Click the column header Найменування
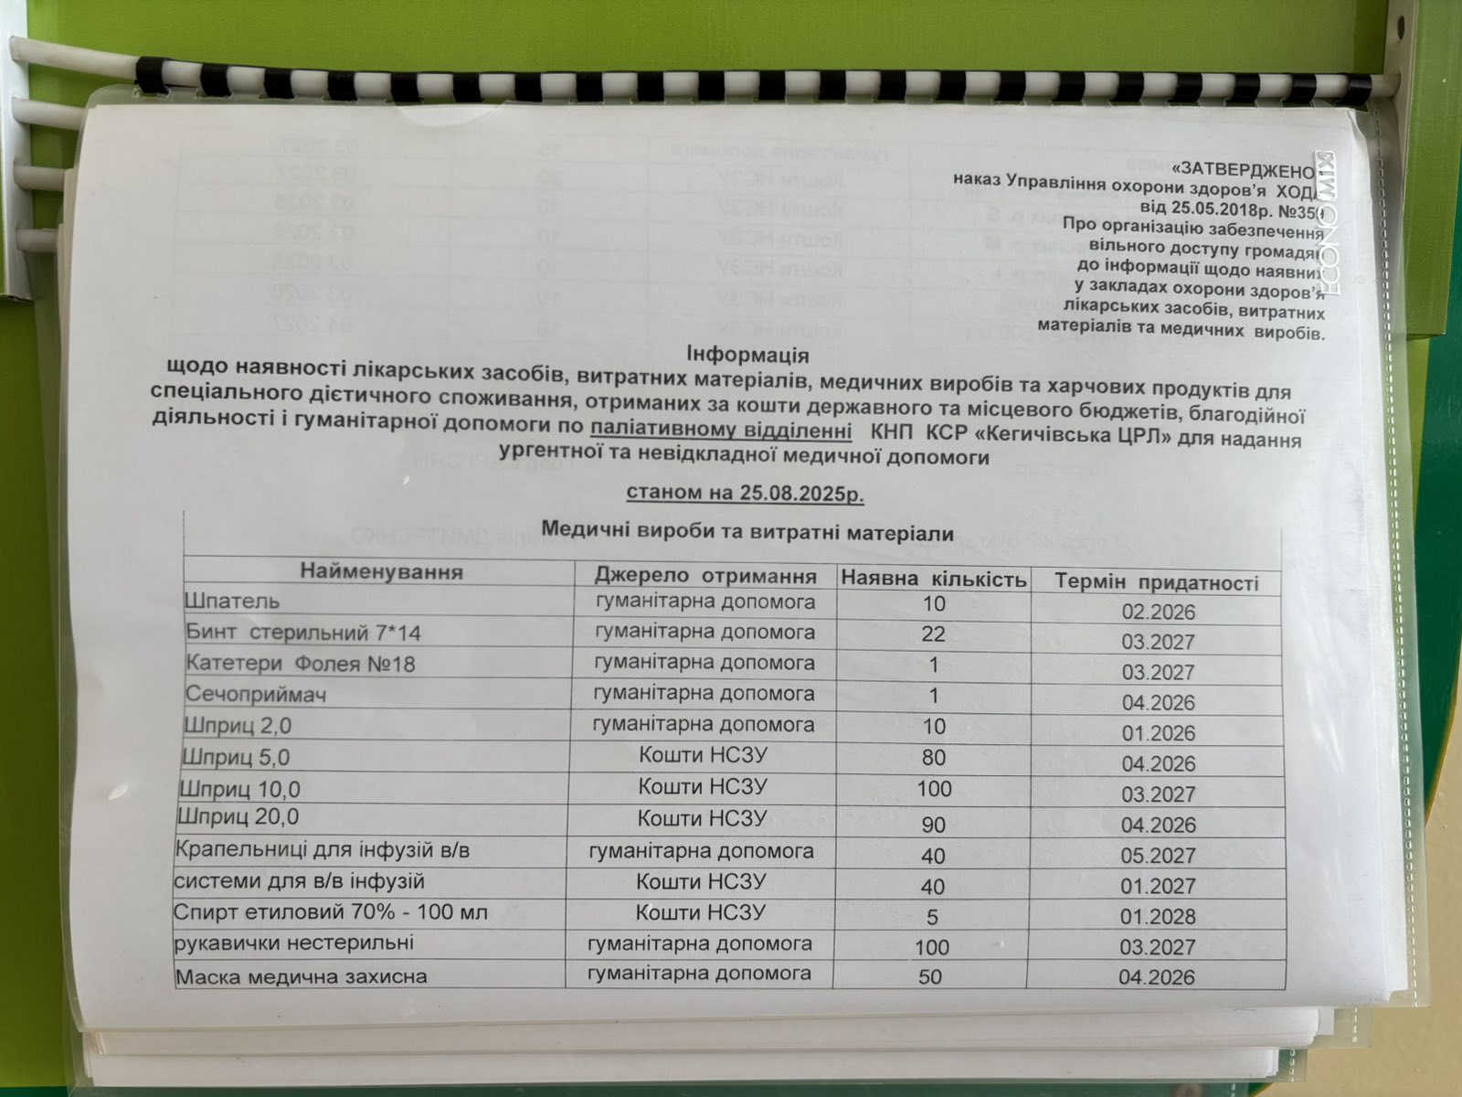tap(382, 572)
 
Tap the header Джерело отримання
tap(705, 576)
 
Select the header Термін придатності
tap(1156, 582)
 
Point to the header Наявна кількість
tap(934, 579)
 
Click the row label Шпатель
tap(231, 602)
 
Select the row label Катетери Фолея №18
tap(300, 663)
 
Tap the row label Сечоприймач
tap(256, 694)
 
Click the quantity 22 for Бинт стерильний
tap(933, 634)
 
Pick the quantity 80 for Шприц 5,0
tap(933, 758)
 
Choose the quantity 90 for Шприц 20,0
tap(933, 825)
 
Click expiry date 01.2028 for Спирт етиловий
tap(1158, 916)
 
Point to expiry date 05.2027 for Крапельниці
tap(1158, 856)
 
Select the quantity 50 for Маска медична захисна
tap(930, 976)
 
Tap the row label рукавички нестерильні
tap(293, 942)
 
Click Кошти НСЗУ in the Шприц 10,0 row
tap(702, 786)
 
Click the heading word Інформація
tap(747, 354)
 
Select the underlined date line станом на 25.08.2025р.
tap(745, 493)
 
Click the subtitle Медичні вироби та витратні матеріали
tap(747, 532)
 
